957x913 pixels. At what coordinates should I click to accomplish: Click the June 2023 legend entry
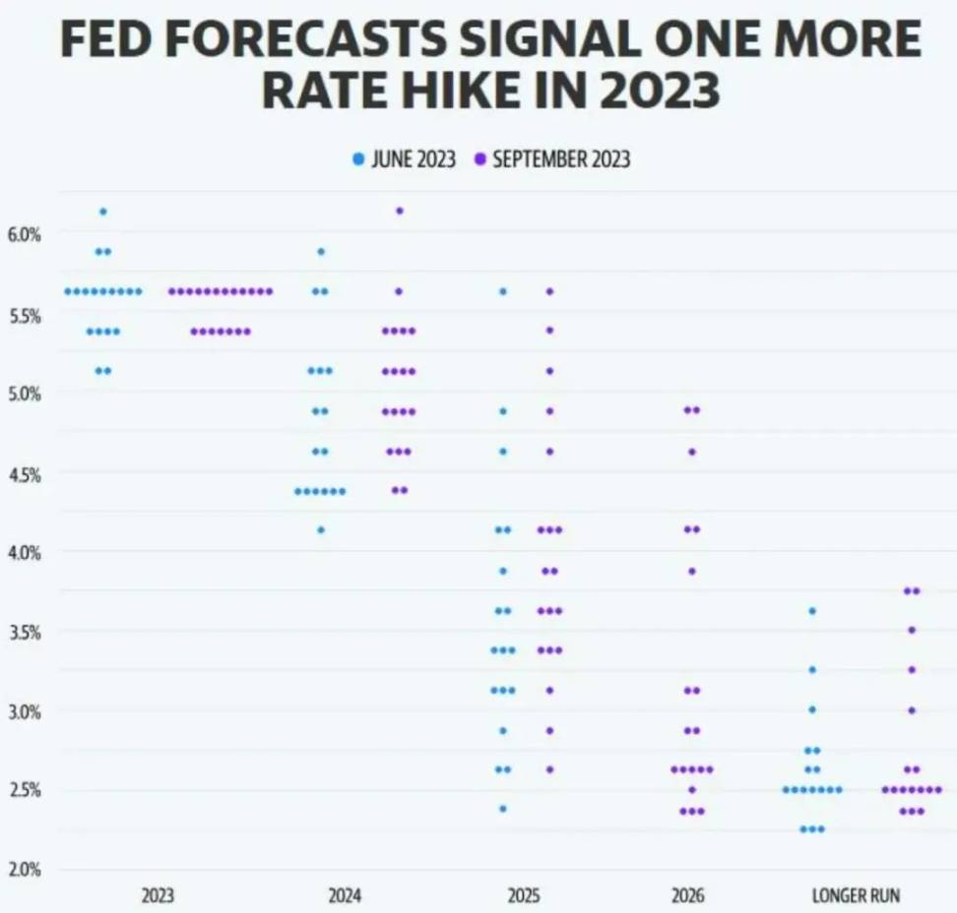[406, 159]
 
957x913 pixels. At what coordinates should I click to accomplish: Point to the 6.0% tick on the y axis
[25, 235]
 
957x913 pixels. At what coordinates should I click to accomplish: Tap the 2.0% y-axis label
[25, 870]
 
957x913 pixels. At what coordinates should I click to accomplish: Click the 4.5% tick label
[25, 474]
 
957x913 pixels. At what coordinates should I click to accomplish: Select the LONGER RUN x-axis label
[856, 896]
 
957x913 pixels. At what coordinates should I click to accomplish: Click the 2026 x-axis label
[688, 896]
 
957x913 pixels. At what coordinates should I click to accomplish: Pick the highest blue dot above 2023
[103, 212]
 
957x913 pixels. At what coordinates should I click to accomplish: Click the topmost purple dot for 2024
[399, 211]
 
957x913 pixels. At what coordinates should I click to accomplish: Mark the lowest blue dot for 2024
[320, 530]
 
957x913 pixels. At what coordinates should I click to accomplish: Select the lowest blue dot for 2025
[503, 809]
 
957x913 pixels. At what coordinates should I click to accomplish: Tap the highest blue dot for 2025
[503, 291]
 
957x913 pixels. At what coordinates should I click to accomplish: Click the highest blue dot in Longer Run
[812, 611]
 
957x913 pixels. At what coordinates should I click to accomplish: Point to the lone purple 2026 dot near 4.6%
[692, 452]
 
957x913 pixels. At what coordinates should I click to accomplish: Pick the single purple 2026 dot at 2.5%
[692, 789]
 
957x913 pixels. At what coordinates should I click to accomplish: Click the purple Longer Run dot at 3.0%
[912, 709]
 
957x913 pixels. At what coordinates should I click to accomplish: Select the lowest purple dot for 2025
[549, 769]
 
